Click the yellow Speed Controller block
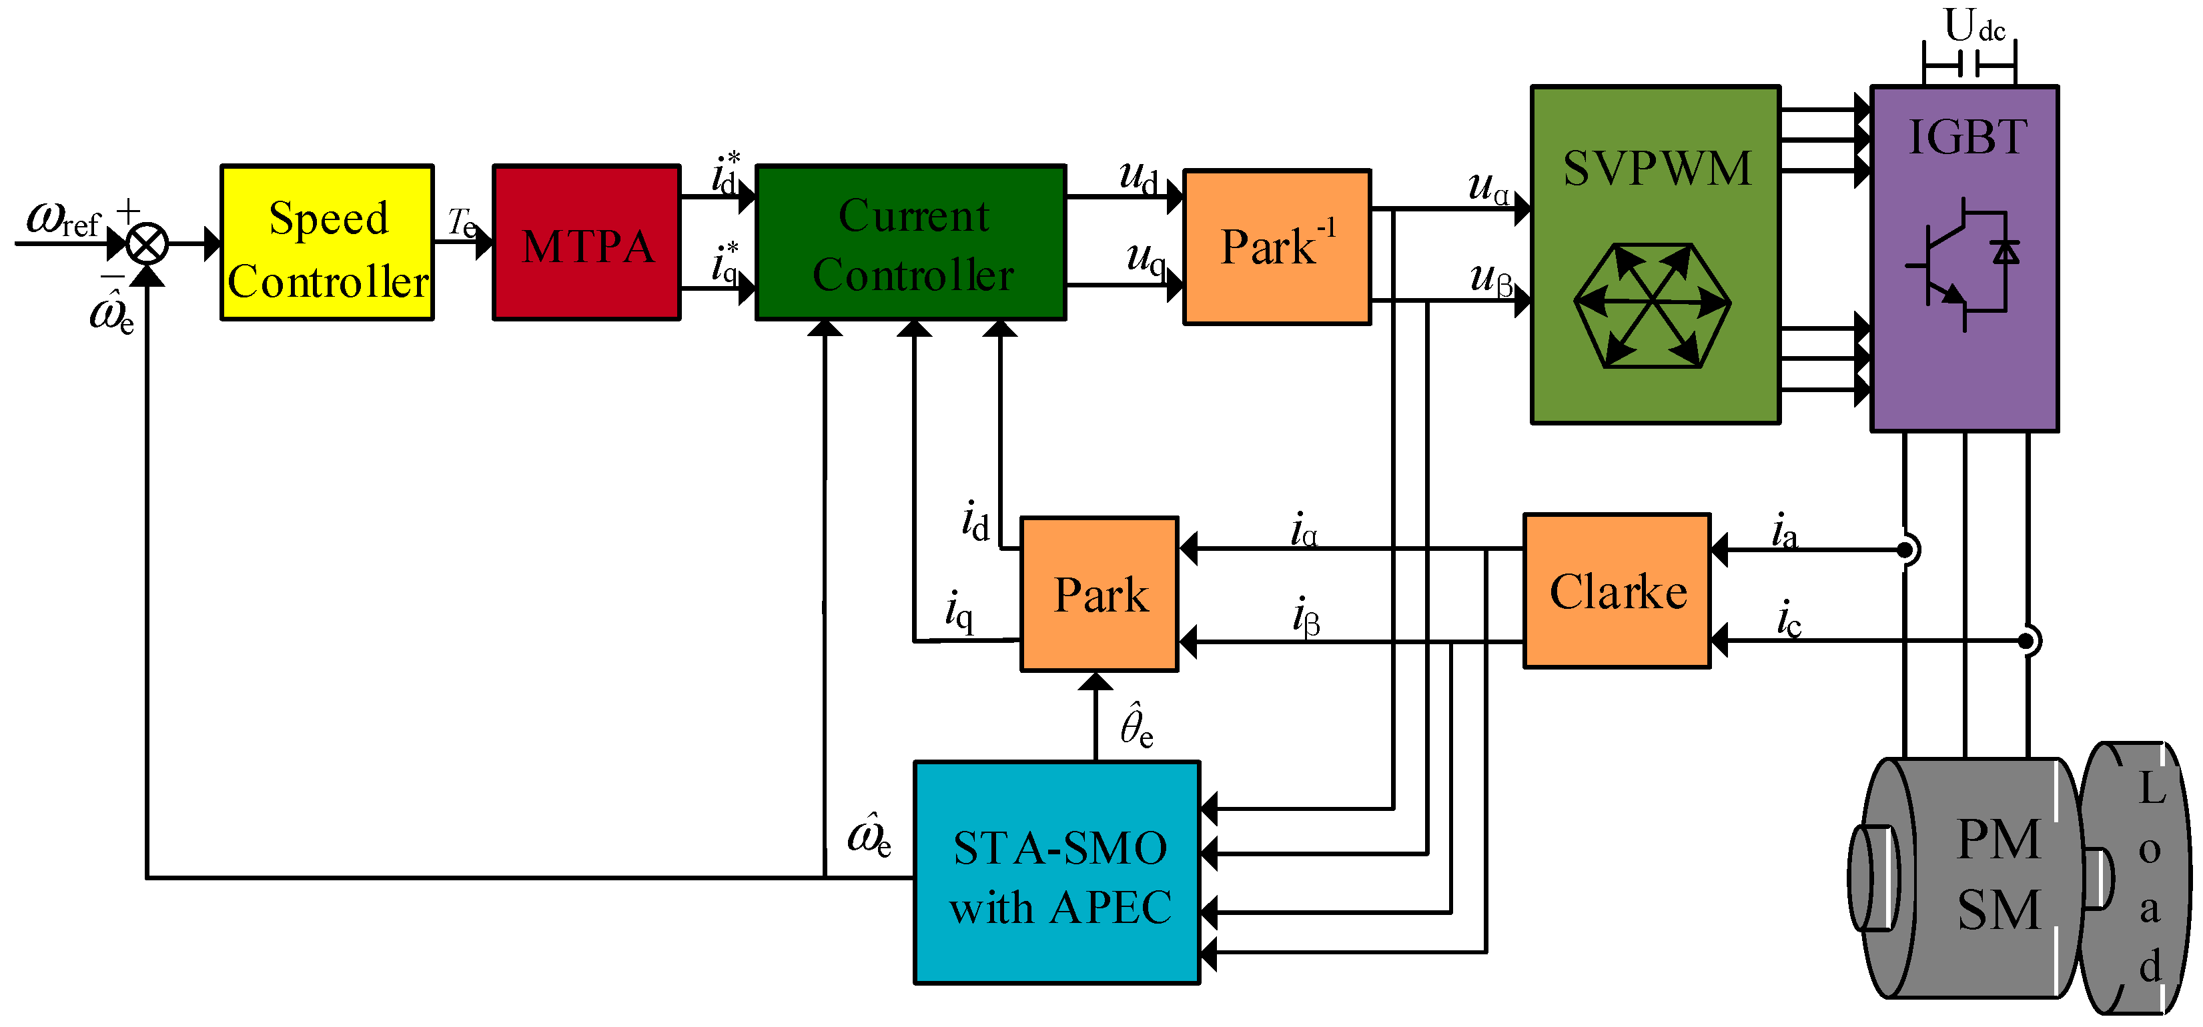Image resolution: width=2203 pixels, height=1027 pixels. point(328,243)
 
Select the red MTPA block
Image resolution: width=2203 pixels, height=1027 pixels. point(586,243)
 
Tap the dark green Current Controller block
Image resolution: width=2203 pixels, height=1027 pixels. point(911,243)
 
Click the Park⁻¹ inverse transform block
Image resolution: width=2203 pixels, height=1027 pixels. point(1278,247)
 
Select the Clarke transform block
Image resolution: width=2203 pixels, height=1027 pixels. point(1617,591)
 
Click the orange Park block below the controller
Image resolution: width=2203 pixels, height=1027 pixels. point(1099,594)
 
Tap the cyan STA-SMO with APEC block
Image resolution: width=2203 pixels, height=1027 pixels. point(1057,873)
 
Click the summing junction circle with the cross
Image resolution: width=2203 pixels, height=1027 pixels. point(147,245)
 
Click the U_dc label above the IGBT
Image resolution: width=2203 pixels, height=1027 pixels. point(1975,25)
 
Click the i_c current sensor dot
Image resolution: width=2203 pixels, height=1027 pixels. point(2026,640)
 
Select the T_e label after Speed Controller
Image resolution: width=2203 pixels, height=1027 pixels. point(462,223)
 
